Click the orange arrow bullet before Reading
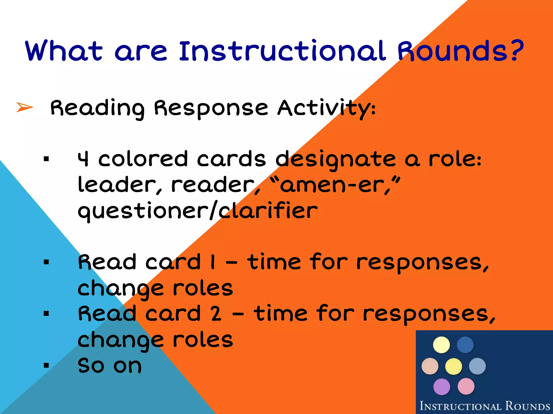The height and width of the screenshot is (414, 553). coord(25,107)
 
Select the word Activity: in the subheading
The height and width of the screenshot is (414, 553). coord(326,108)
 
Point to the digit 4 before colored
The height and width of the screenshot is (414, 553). coord(83,159)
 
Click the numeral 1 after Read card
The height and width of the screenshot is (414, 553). coord(213,262)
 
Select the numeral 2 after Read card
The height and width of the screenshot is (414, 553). coord(216,314)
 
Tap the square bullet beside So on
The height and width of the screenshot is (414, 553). coord(46,365)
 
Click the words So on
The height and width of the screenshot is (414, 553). coord(110,366)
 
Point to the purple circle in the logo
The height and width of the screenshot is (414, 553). coord(441,387)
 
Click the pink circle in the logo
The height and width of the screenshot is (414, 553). coord(466,386)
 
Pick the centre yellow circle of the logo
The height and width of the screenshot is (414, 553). coord(454,366)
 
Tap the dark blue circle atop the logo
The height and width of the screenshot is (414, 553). coord(465,345)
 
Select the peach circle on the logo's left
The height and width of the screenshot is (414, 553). coord(430,366)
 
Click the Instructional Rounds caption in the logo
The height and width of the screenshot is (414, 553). coord(484,406)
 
